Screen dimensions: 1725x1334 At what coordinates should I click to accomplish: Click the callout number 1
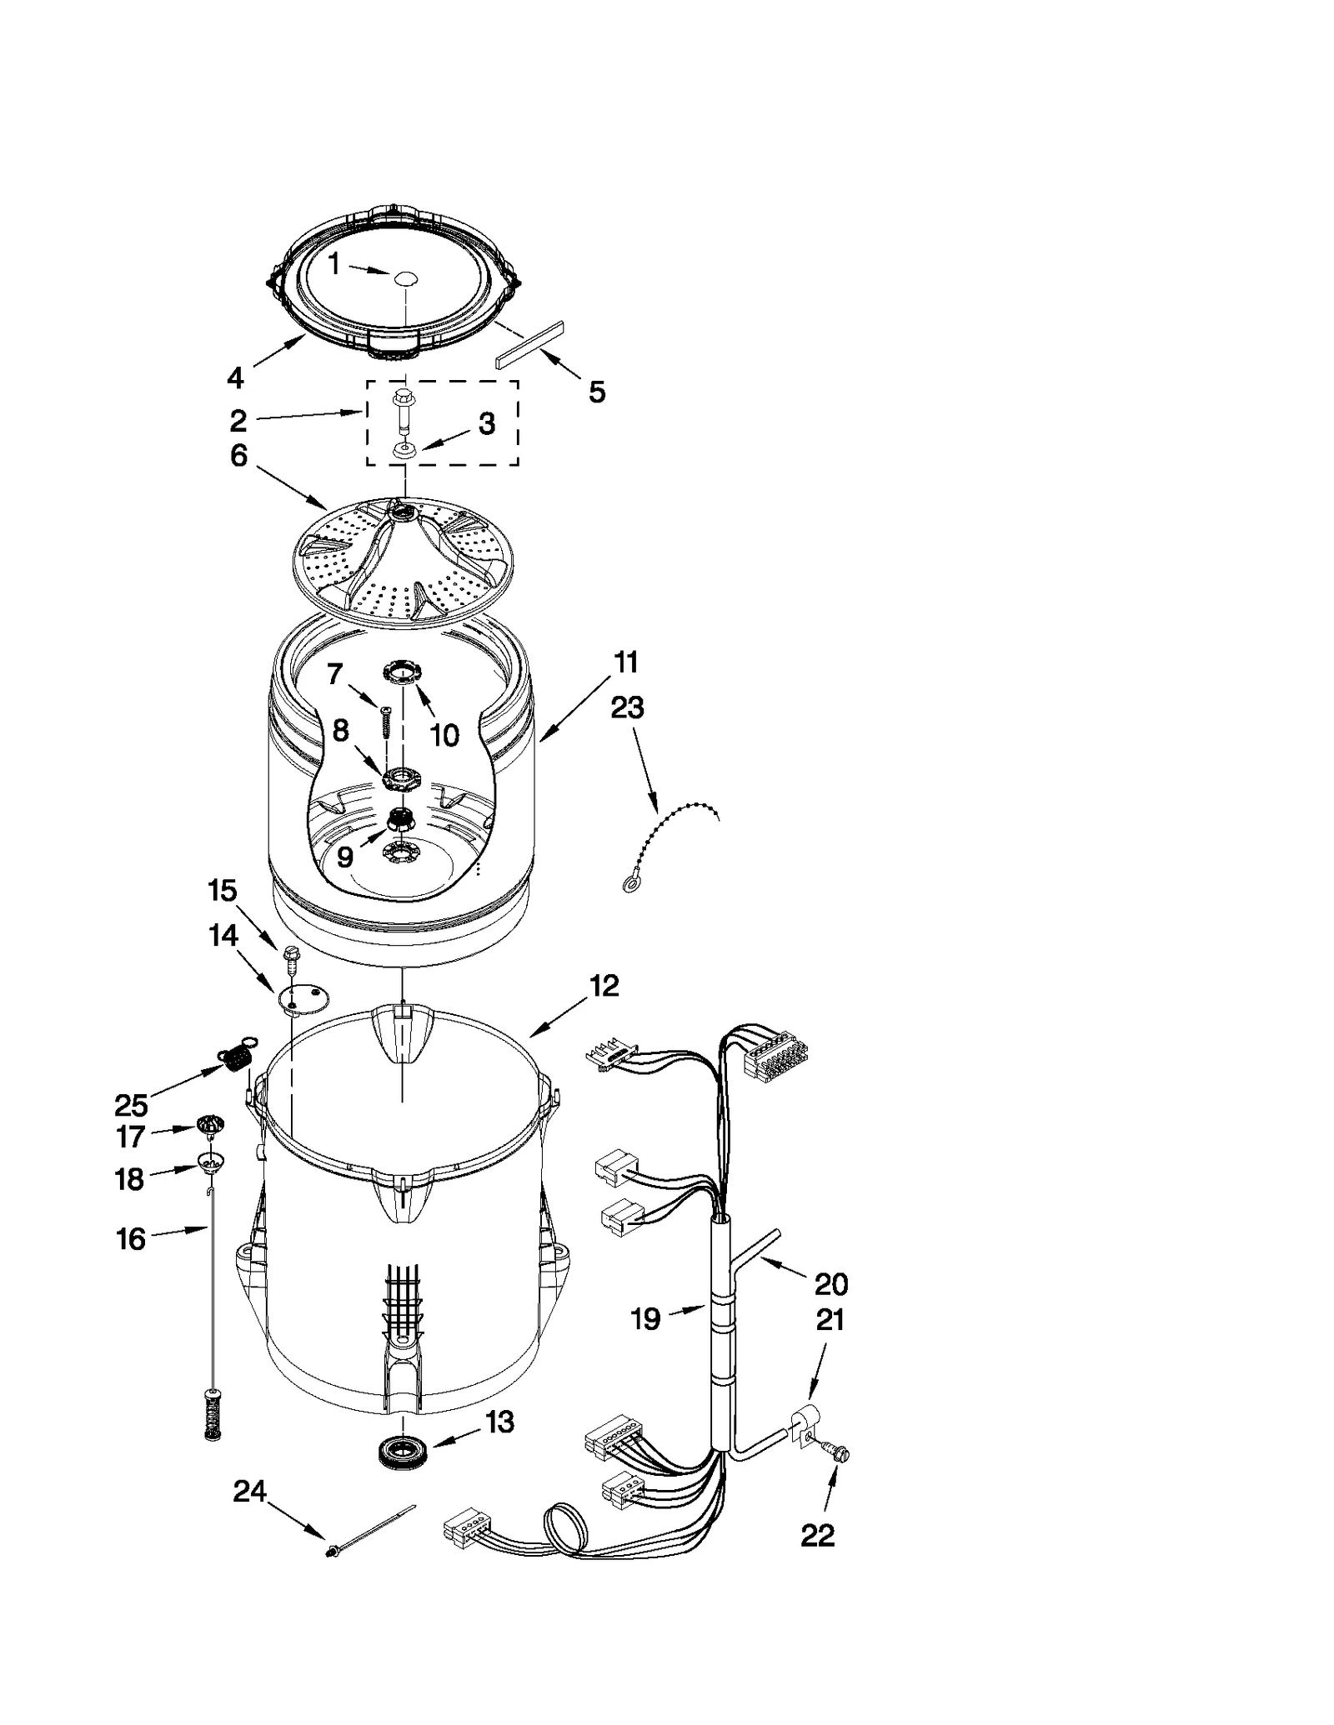[333, 264]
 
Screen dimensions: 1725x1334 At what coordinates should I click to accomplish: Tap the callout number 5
[597, 392]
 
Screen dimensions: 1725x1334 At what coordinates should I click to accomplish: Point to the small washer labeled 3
[404, 451]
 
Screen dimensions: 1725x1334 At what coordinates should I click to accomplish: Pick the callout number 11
[626, 662]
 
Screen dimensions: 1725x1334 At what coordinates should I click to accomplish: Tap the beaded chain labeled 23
[667, 842]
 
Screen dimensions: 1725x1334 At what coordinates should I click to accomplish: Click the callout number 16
[131, 1239]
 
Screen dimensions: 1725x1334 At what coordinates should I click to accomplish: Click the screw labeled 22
[839, 1454]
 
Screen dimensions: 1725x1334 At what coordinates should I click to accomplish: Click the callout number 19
[645, 1318]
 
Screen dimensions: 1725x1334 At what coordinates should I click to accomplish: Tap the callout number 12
[604, 986]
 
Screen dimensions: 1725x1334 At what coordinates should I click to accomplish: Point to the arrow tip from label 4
[304, 335]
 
